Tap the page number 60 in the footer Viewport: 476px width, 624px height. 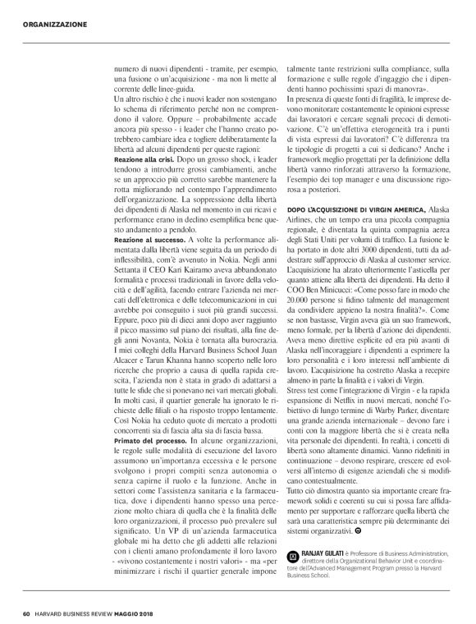coord(26,612)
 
